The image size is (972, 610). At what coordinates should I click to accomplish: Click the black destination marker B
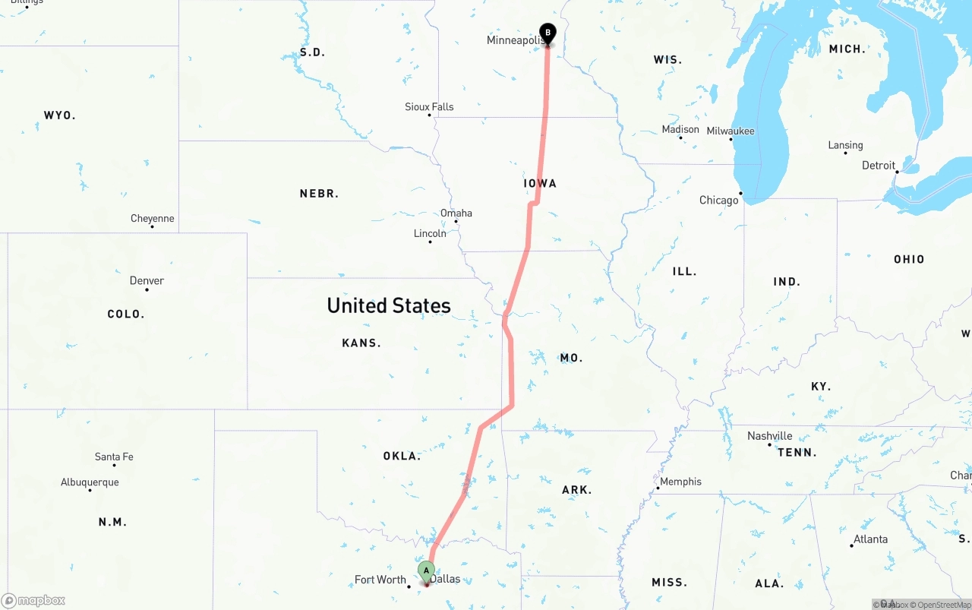548,33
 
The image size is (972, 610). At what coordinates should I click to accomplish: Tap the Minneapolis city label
514,40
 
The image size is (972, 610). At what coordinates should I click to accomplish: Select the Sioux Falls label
429,107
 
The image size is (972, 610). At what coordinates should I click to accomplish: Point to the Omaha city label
456,213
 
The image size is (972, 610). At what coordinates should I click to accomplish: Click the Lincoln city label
430,233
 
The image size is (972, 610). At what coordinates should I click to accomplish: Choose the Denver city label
147,280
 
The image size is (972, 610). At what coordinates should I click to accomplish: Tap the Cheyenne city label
152,218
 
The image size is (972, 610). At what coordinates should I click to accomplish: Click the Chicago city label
718,201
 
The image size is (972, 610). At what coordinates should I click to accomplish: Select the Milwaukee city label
731,131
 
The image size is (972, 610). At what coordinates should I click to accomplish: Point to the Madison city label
680,129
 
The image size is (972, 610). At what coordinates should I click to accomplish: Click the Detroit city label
879,165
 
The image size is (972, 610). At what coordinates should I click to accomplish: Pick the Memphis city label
680,482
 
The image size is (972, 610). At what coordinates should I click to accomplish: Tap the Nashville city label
769,436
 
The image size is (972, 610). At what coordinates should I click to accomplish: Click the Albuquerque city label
90,482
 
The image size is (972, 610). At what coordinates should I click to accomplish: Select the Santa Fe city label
114,457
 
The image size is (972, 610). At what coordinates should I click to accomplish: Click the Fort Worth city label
380,580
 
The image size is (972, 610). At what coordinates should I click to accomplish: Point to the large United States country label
389,305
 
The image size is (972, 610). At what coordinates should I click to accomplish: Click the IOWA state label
540,183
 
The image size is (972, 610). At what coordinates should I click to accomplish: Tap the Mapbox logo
33,601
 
